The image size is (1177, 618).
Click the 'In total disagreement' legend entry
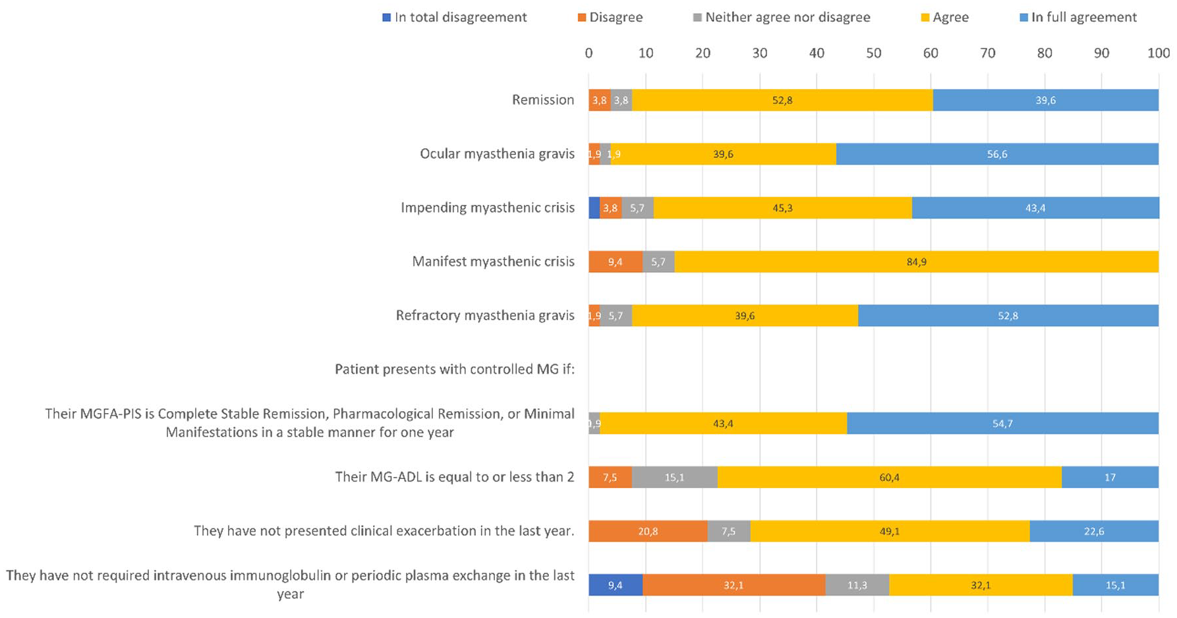pyautogui.click(x=455, y=18)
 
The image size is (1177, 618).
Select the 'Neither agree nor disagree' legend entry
pyautogui.click(x=782, y=18)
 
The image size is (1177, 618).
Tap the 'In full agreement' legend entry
pyautogui.click(x=1078, y=18)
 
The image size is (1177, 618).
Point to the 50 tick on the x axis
pyautogui.click(x=874, y=53)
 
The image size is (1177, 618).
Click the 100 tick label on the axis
pyautogui.click(x=1159, y=53)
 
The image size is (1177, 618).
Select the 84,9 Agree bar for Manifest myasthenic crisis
pyautogui.click(x=917, y=262)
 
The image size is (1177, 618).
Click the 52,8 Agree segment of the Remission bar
pyautogui.click(x=783, y=100)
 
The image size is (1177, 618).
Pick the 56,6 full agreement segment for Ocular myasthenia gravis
pyautogui.click(x=998, y=154)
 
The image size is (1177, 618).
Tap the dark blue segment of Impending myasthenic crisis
pyautogui.click(x=594, y=208)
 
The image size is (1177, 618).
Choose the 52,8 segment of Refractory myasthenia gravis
pyautogui.click(x=1008, y=316)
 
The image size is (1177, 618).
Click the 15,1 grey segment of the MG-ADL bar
pyautogui.click(x=675, y=477)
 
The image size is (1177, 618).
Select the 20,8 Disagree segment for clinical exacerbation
pyautogui.click(x=648, y=531)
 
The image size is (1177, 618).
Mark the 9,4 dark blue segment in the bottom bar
pyautogui.click(x=616, y=585)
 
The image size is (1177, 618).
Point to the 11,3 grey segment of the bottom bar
pyautogui.click(x=857, y=585)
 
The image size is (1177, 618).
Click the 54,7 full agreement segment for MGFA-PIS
pyautogui.click(x=1003, y=423)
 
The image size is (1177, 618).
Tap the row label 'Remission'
pyautogui.click(x=543, y=100)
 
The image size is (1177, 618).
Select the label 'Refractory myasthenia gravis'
pyautogui.click(x=485, y=316)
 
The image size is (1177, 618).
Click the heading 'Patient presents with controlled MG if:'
pyautogui.click(x=455, y=369)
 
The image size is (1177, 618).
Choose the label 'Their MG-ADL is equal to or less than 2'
pyautogui.click(x=455, y=477)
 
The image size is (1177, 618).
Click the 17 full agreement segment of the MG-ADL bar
pyautogui.click(x=1110, y=477)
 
